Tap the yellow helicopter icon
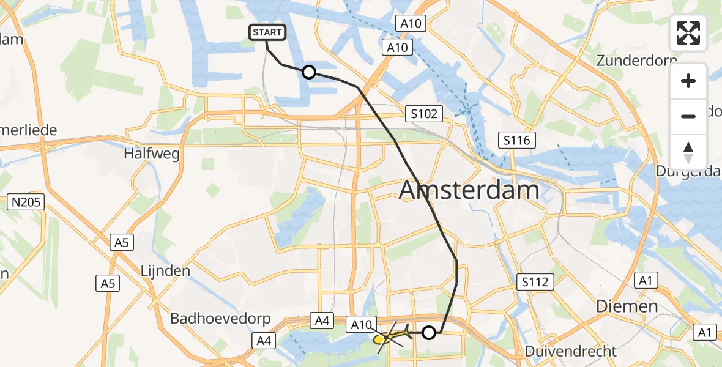(389, 336)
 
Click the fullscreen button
(688, 33)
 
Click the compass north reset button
(688, 152)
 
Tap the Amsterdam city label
(469, 190)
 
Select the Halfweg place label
(152, 154)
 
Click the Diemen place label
(628, 306)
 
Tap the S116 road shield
(516, 140)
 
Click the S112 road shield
(535, 282)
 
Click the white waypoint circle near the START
(309, 73)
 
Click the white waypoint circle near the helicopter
(430, 333)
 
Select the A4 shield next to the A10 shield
(323, 319)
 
